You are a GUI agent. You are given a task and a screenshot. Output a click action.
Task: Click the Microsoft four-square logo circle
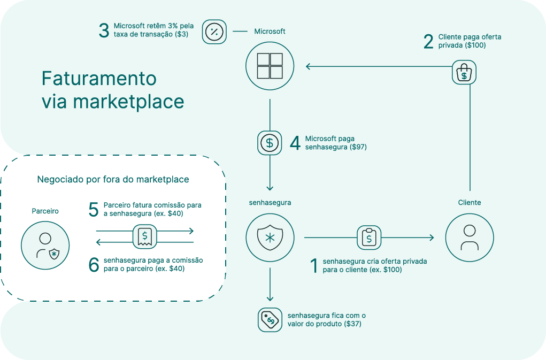(x=270, y=66)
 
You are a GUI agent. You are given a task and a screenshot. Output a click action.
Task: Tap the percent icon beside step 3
(x=214, y=32)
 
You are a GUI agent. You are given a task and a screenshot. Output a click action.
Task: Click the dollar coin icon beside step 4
(x=270, y=143)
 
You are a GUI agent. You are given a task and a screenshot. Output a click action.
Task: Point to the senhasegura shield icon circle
(x=270, y=237)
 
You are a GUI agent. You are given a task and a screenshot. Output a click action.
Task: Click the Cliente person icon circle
(x=469, y=237)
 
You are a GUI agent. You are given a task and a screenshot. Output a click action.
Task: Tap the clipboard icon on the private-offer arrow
(x=369, y=237)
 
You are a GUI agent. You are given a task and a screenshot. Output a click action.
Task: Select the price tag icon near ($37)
(x=270, y=320)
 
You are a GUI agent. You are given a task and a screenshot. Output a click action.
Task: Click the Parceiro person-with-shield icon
(x=45, y=246)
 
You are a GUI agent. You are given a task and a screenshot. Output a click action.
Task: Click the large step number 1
(x=314, y=265)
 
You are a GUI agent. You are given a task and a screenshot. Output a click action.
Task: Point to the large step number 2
(x=428, y=42)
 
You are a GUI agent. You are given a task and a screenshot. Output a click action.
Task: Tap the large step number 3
(x=104, y=30)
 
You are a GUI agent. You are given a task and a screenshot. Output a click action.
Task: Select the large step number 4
(x=295, y=143)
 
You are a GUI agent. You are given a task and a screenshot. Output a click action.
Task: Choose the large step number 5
(x=94, y=210)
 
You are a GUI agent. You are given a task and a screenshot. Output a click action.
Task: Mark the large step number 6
(x=94, y=265)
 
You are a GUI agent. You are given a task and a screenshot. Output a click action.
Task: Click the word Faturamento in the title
(x=99, y=78)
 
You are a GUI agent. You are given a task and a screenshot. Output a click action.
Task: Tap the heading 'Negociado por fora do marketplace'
(x=113, y=180)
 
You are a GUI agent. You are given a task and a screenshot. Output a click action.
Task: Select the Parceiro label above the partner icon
(x=45, y=211)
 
